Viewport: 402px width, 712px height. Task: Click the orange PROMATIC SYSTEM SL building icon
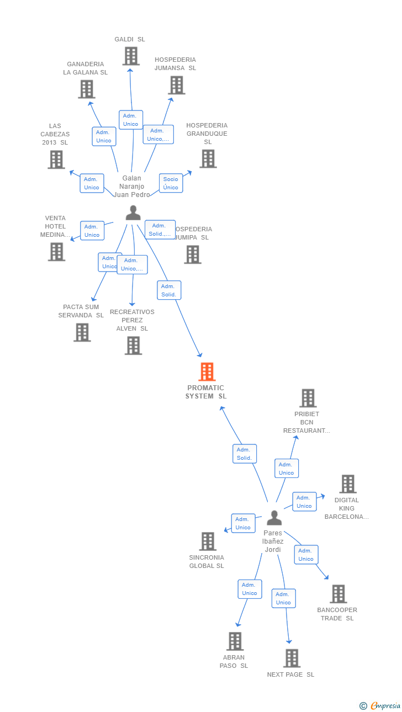(x=207, y=372)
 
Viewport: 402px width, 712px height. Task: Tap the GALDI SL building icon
(x=131, y=56)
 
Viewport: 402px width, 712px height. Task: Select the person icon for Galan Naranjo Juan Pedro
(x=133, y=213)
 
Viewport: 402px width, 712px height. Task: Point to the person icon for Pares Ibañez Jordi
(x=274, y=518)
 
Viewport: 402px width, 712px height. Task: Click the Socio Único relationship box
(x=171, y=183)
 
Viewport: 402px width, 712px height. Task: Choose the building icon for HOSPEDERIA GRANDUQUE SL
(x=208, y=158)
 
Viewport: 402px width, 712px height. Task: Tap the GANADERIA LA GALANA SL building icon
(x=86, y=89)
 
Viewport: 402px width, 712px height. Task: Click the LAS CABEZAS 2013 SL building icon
(x=56, y=160)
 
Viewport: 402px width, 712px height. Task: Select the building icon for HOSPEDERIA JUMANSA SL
(x=176, y=85)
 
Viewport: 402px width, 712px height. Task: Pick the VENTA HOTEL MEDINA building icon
(x=56, y=252)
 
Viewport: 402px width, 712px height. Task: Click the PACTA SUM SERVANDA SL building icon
(x=82, y=332)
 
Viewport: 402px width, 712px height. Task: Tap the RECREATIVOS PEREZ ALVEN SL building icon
(x=133, y=346)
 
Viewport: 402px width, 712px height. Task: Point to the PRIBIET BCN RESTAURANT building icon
(x=308, y=398)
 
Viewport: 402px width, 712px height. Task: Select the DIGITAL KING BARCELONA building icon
(x=347, y=484)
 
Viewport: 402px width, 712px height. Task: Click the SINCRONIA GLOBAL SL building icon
(x=208, y=541)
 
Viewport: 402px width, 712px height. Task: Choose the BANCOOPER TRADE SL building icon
(x=338, y=594)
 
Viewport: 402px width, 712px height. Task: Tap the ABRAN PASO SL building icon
(x=235, y=641)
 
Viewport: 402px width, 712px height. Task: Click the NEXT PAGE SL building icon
(x=292, y=658)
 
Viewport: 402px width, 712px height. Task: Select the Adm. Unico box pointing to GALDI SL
(x=131, y=120)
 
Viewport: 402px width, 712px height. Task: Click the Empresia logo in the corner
(x=380, y=705)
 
